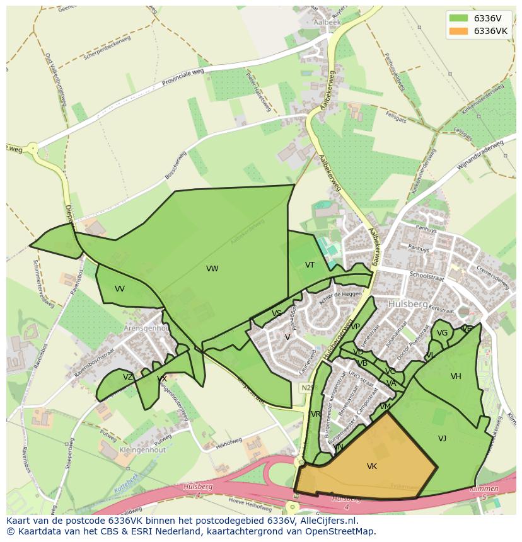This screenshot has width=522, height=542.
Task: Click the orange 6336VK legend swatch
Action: tap(458, 31)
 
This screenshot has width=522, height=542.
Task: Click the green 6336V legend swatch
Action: tap(458, 18)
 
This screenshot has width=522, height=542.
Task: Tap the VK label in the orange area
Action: tap(372, 466)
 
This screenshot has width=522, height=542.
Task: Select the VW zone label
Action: tap(212, 269)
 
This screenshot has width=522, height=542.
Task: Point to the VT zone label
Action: tap(310, 265)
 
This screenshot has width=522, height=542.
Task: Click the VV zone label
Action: tap(120, 289)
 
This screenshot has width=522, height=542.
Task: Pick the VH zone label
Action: tap(456, 376)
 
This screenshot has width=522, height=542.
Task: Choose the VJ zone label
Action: tap(442, 438)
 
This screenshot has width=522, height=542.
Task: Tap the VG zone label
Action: tap(442, 333)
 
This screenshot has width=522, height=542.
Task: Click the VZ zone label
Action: tap(128, 377)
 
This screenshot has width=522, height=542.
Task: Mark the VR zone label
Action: tap(316, 414)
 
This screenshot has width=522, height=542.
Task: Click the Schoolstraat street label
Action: tap(427, 276)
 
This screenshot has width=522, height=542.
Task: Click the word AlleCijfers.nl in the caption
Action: tap(328, 521)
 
